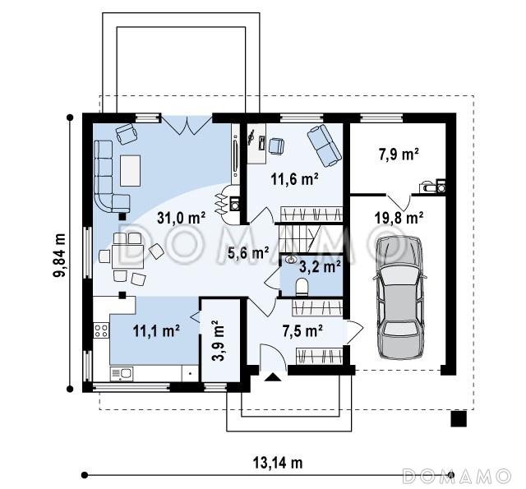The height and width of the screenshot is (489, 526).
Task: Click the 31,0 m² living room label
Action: [x=181, y=219]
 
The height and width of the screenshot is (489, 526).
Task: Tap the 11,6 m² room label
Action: [x=294, y=179]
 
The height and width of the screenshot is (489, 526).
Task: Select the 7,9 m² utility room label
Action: [x=399, y=155]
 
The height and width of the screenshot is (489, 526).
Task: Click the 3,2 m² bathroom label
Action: [x=320, y=267]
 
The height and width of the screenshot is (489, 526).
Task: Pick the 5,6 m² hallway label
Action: [x=248, y=253]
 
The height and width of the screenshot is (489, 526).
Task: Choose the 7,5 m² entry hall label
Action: [x=302, y=331]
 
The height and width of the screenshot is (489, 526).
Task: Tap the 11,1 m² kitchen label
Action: [x=156, y=331]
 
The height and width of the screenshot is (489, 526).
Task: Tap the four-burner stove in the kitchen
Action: [x=101, y=330]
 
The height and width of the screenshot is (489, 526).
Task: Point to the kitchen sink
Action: [x=122, y=374]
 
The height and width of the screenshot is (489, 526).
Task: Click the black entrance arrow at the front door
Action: [x=273, y=377]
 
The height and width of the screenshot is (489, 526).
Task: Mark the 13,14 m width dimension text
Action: [x=278, y=464]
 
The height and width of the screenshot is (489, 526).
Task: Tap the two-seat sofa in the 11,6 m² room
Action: [x=325, y=145]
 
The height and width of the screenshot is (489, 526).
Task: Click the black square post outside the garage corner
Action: [x=459, y=418]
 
